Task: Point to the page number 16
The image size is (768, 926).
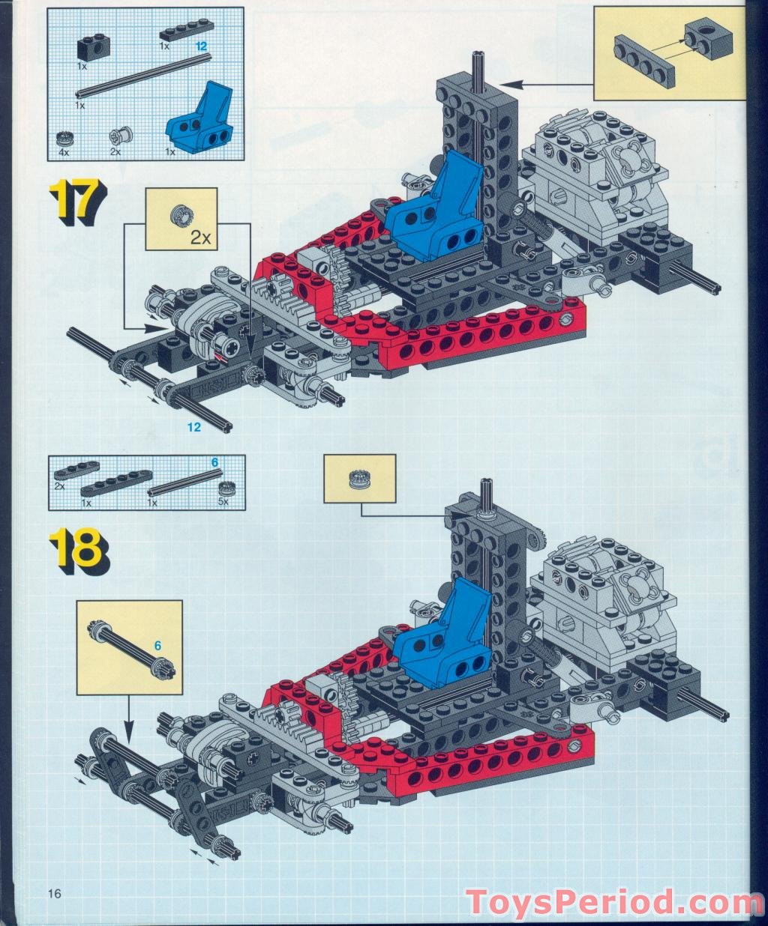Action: coord(53,893)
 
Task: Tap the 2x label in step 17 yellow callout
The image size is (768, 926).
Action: coord(201,237)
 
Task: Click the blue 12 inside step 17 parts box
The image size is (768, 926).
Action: coord(200,46)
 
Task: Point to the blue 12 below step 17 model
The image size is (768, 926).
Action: coord(194,427)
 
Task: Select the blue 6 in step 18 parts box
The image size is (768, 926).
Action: coord(214,463)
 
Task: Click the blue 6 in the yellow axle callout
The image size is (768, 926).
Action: coord(158,644)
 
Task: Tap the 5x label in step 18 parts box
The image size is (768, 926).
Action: coord(223,503)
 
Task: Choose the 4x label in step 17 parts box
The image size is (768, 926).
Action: coord(64,152)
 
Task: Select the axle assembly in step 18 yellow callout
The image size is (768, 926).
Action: coord(131,648)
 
